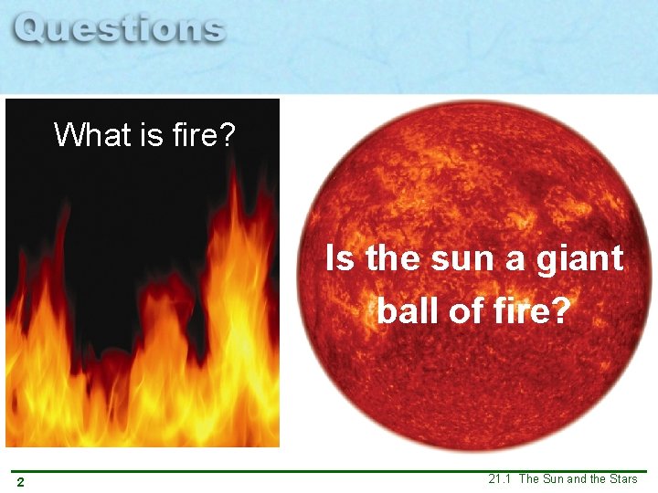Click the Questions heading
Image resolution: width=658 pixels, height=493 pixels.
pos(120,30)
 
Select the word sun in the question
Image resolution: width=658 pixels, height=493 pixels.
pos(462,259)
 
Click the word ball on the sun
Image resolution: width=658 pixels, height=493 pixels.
pos(406,311)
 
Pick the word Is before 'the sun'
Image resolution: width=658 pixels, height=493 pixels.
pos(340,259)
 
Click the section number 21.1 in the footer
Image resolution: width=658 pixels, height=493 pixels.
pos(500,479)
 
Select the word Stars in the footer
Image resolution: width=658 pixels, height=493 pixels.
pos(621,479)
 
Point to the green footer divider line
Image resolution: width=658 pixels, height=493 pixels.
pos(329,471)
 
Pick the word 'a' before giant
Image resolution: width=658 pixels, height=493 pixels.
pos(515,259)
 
